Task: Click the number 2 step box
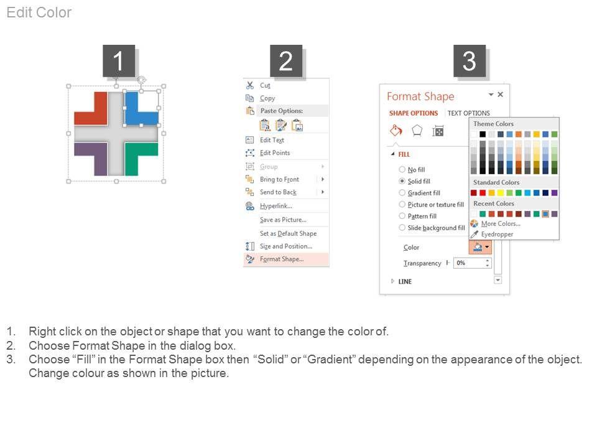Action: [286, 61]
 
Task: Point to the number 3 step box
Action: [469, 61]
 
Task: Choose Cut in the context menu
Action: [265, 85]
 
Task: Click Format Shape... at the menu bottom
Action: [282, 259]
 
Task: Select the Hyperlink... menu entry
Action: [276, 206]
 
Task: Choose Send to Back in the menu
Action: [278, 192]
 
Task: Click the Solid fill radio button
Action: [402, 181]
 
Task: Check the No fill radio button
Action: [402, 169]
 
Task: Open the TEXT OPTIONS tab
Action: [469, 113]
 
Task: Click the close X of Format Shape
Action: [500, 94]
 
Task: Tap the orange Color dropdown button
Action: [481, 247]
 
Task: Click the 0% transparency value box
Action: [472, 263]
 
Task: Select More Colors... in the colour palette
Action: [500, 223]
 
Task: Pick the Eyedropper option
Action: [497, 235]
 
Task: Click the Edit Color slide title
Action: [39, 12]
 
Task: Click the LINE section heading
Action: [405, 281]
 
